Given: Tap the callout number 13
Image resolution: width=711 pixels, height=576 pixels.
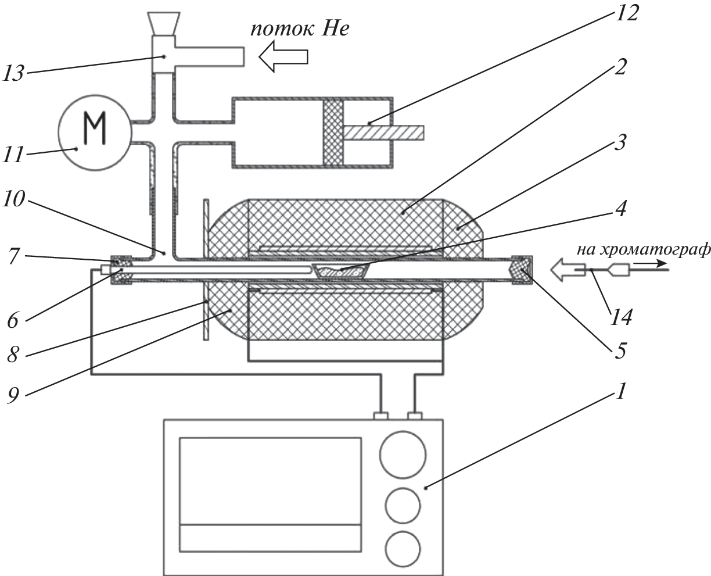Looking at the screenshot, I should point(15,73).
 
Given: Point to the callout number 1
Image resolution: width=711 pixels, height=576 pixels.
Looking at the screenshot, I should point(620,393).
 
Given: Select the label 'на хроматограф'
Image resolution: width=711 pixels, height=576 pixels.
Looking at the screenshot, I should point(643,250).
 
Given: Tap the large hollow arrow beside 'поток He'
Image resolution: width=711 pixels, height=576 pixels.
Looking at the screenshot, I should point(283,58).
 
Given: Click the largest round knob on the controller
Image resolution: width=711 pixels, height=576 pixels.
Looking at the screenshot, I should point(403,453).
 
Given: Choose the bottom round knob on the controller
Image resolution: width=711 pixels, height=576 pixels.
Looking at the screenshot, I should point(403,549).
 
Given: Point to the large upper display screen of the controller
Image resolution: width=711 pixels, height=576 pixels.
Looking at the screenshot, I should point(271,481).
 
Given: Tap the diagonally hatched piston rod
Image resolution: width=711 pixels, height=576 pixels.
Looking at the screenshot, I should point(383,133).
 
